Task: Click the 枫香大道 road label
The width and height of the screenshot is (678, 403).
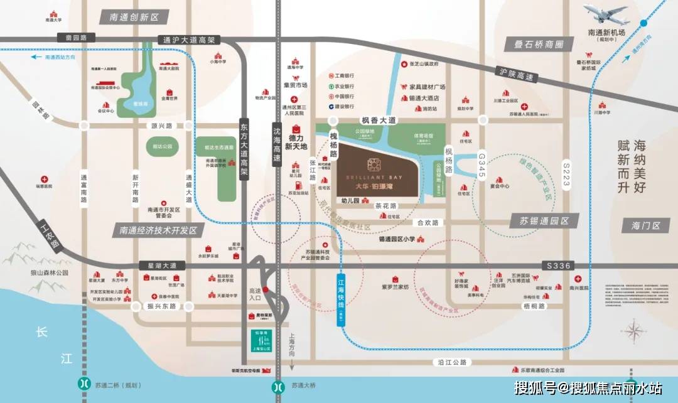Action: (379, 120)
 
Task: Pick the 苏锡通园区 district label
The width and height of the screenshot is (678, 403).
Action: (543, 221)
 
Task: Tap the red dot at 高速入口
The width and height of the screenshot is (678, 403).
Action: (266, 289)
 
